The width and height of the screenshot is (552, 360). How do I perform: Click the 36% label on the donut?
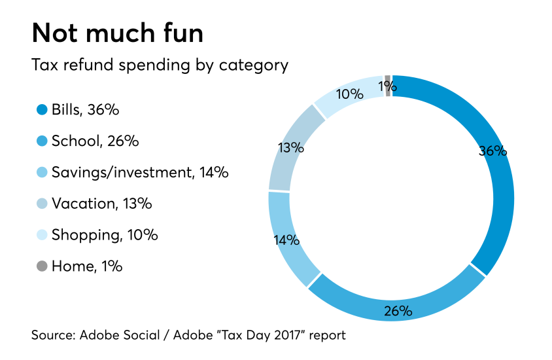tap(492, 151)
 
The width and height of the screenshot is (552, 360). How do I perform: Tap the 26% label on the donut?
tap(397, 310)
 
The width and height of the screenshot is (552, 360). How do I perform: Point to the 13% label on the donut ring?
tap(290, 148)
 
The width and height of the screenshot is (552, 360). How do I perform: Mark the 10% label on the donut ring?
tap(349, 94)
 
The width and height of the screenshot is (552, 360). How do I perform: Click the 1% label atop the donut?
tap(387, 86)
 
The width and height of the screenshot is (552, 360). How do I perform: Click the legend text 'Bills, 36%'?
tap(85, 110)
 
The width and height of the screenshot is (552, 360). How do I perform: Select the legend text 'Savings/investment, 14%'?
tap(140, 172)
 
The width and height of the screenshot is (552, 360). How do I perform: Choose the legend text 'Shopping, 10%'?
tap(105, 235)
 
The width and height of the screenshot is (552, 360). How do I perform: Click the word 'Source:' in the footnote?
tap(54, 335)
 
